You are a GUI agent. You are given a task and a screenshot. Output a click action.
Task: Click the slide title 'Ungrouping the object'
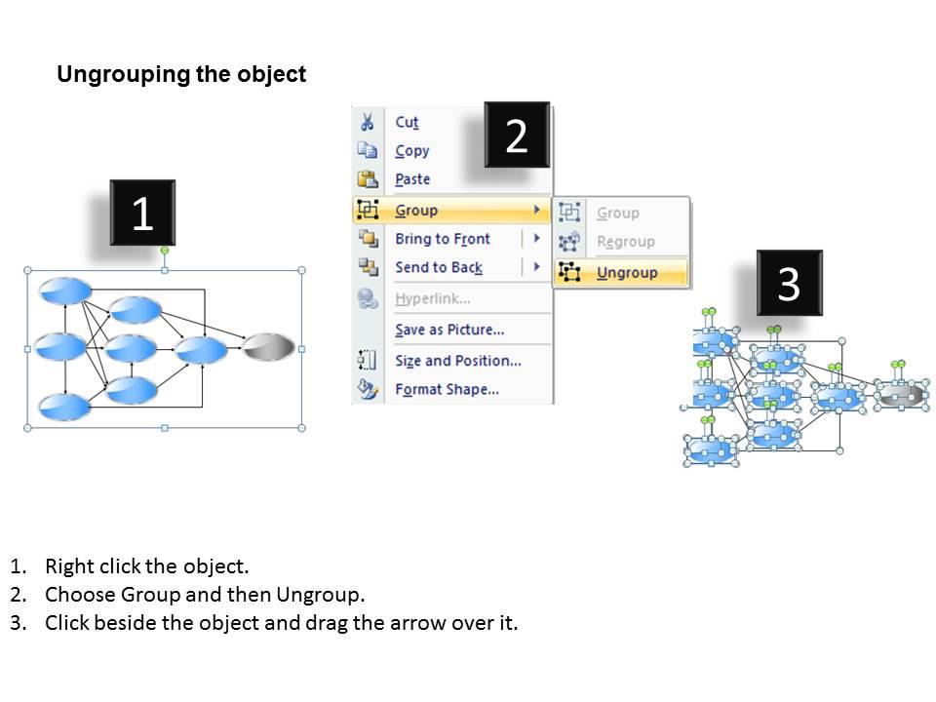[x=181, y=75]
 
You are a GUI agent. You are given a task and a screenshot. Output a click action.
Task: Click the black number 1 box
[x=142, y=213]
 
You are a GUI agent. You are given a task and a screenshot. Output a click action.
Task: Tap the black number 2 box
[x=517, y=136]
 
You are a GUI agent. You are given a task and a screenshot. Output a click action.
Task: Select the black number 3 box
[x=789, y=284]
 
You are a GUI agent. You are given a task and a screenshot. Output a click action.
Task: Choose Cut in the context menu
[x=407, y=122]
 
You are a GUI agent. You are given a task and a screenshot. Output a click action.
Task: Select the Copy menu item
[x=411, y=151]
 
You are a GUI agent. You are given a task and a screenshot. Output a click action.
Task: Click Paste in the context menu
[x=412, y=179]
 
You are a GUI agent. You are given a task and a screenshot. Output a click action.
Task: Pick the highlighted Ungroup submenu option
[x=626, y=273]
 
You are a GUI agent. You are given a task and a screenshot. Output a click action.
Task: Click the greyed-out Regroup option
[x=625, y=242]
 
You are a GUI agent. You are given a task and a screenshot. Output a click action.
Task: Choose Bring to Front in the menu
[x=442, y=239]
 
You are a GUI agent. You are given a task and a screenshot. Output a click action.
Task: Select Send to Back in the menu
[x=438, y=267]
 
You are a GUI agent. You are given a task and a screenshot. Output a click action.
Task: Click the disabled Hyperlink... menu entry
[x=432, y=298]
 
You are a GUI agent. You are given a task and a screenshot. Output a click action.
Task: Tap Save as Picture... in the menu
[x=448, y=330]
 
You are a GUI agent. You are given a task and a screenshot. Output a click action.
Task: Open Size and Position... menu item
[x=457, y=361]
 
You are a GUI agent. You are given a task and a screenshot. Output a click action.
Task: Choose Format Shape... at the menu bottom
[x=447, y=389]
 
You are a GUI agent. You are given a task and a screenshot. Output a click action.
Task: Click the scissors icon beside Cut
[x=368, y=122]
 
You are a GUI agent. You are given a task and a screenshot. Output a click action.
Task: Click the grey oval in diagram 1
[x=268, y=347]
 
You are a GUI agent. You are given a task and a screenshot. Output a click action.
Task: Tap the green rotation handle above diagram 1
[x=164, y=251]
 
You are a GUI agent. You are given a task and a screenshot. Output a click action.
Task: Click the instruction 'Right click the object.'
[x=146, y=566]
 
